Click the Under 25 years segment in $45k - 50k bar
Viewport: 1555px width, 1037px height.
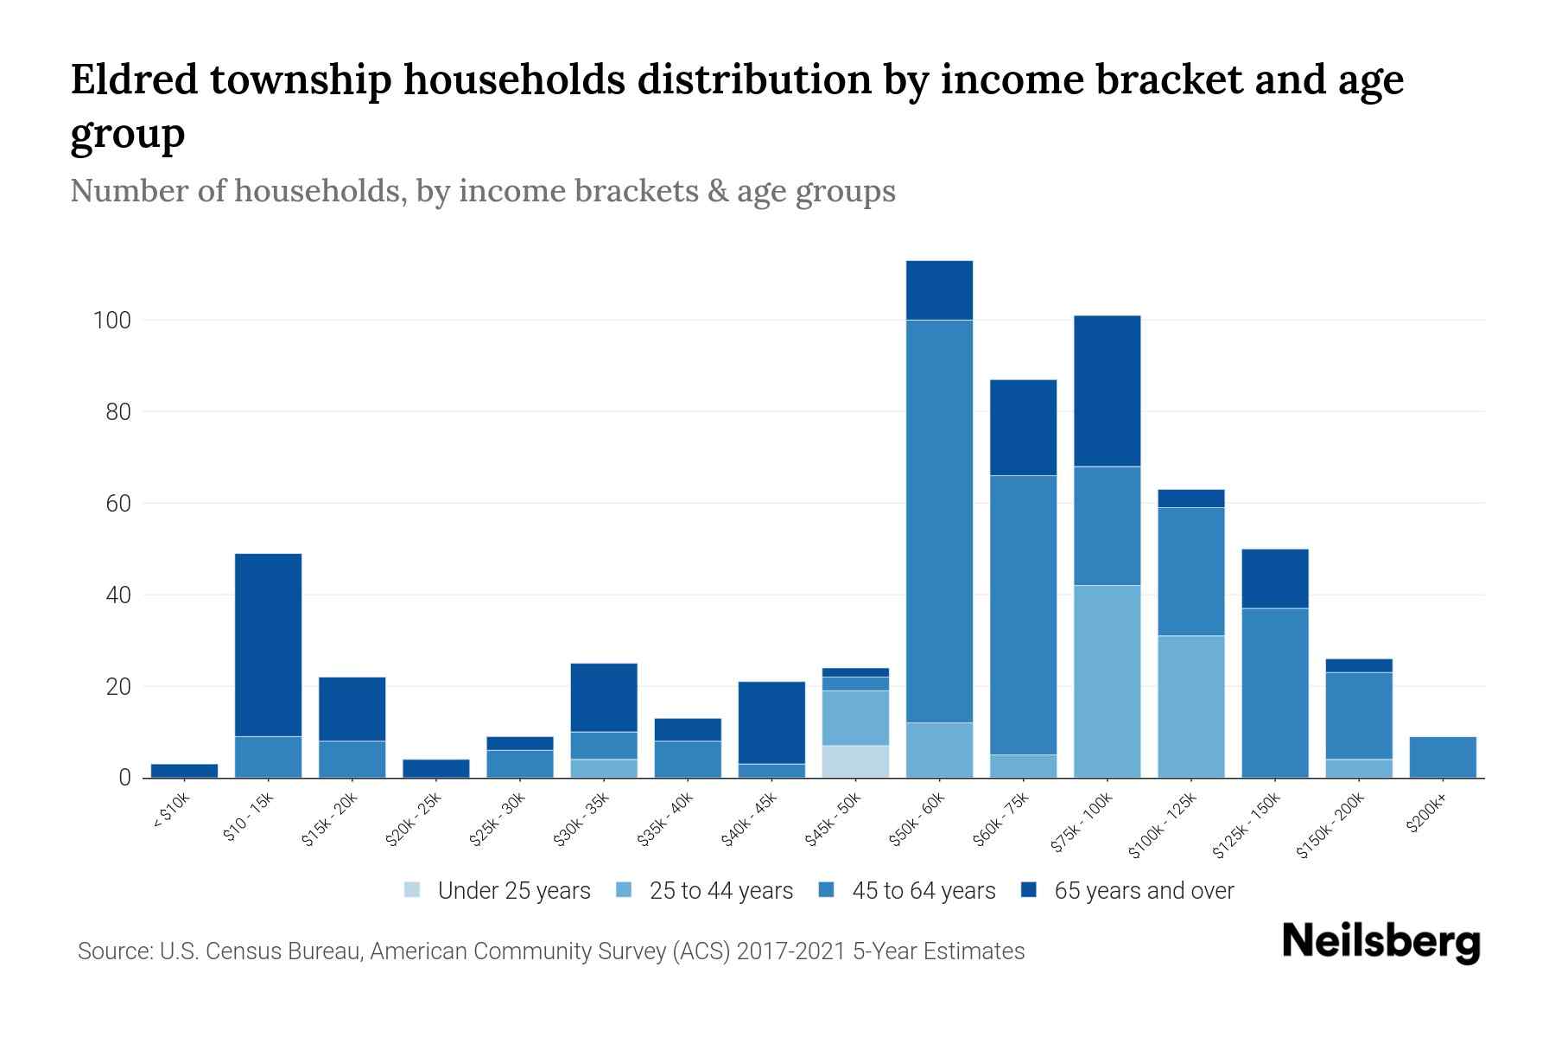tap(855, 761)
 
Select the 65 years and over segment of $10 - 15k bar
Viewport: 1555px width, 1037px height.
tap(268, 645)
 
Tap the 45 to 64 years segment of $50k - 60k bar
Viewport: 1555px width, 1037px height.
tap(939, 521)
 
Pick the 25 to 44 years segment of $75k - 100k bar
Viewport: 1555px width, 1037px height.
tap(1107, 682)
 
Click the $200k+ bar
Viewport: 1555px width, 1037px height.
tap(1442, 757)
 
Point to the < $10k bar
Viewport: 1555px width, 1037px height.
tap(184, 771)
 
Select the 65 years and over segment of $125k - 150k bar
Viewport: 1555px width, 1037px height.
tap(1274, 579)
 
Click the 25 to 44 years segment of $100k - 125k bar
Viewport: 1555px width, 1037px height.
tap(1190, 707)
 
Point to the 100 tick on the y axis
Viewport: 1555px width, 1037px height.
tap(112, 321)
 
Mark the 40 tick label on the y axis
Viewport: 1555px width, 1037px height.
tap(117, 595)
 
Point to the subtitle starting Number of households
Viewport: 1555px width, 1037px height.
tap(482, 191)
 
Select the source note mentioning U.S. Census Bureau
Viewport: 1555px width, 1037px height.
tap(550, 951)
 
